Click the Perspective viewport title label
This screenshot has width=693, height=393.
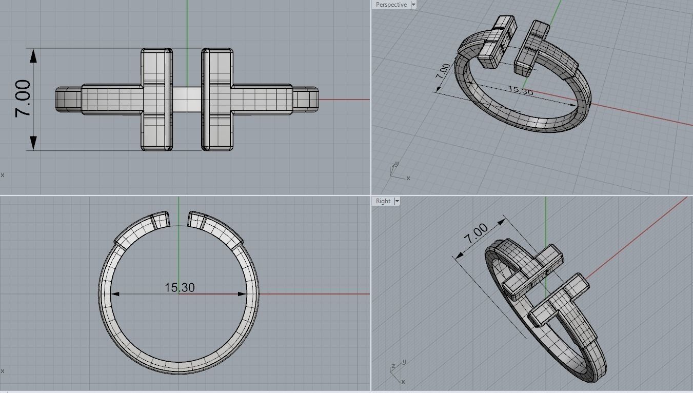(x=391, y=5)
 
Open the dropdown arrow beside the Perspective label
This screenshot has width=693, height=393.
(x=413, y=5)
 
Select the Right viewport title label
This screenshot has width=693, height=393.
(x=383, y=201)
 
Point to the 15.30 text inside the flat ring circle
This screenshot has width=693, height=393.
(x=180, y=288)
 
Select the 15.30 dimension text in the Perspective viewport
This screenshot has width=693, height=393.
(x=520, y=91)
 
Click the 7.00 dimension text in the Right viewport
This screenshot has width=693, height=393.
(x=477, y=234)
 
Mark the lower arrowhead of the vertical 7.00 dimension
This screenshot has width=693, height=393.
(x=34, y=143)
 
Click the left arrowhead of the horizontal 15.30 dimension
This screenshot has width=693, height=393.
(x=115, y=294)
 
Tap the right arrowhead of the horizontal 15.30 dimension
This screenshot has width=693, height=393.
(x=242, y=294)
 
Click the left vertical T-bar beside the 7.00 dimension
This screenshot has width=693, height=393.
(x=156, y=99)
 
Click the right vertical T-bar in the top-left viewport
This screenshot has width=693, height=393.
(x=217, y=99)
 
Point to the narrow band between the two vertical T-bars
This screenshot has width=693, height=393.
(x=187, y=99)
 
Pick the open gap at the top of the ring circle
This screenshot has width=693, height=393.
(x=179, y=218)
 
